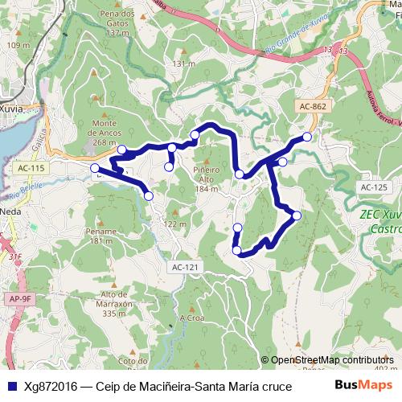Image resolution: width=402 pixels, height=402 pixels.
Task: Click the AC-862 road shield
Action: coord(312,105)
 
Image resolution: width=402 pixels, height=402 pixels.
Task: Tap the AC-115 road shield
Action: coord(31,167)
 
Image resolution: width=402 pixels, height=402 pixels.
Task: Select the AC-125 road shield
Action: coord(374,187)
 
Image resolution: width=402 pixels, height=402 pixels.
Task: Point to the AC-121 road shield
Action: coord(185,267)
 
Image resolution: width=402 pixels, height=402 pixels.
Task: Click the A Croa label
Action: coord(193,318)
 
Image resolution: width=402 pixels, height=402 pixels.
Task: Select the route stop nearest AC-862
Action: coord(307,137)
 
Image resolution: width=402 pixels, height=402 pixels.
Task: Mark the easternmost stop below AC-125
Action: coord(297,215)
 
